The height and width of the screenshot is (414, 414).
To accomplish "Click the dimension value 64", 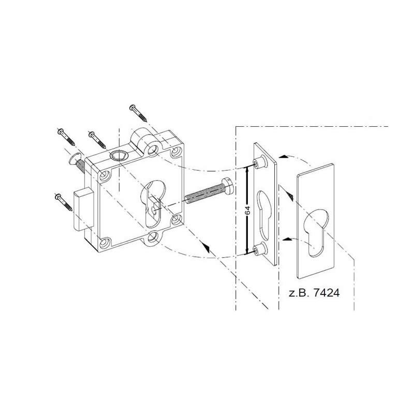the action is tap(247, 211).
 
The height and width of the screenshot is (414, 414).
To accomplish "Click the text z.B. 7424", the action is tap(314, 292).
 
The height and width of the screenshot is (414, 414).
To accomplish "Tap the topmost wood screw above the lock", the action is tap(138, 113).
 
